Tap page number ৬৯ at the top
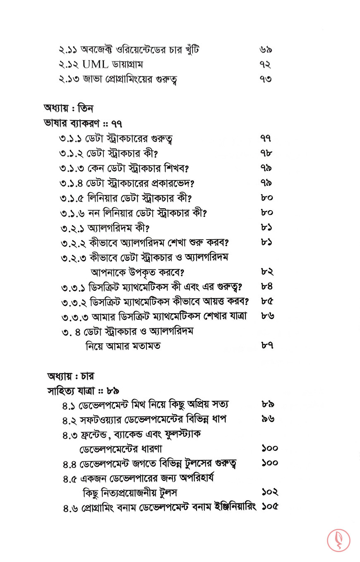click(266, 50)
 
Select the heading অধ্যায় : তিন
click(68, 108)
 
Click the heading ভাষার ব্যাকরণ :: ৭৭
click(82, 123)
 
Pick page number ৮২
click(267, 272)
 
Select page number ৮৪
click(267, 287)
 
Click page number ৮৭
click(267, 345)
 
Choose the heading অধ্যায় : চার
click(71, 376)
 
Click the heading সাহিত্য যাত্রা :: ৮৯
click(83, 391)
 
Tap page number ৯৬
click(268, 419)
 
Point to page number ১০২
click(270, 492)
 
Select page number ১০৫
click(270, 507)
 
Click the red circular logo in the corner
click(338, 540)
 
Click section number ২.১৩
click(71, 79)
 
